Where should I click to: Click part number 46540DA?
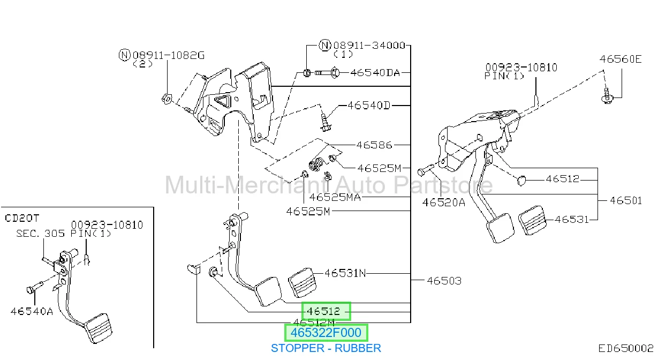[x=375, y=72]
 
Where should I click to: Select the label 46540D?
[x=369, y=105]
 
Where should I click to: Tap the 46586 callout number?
[x=374, y=145]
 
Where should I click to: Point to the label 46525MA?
[x=335, y=197]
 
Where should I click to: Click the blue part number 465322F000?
[x=326, y=333]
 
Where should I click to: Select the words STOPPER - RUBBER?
[x=326, y=348]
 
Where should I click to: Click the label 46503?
[x=444, y=281]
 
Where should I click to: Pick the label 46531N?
[x=345, y=273]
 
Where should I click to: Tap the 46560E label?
[x=621, y=59]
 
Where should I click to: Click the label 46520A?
[x=443, y=202]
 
